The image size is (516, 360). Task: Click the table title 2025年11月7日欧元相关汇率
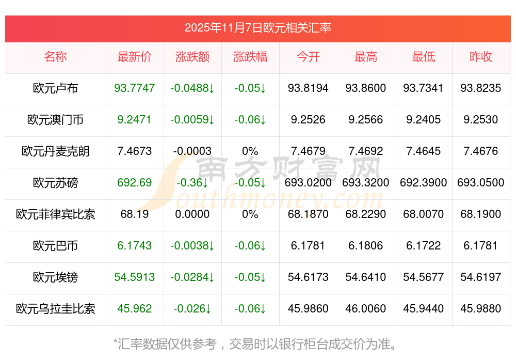coord(257,27)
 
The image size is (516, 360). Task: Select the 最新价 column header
coord(135,57)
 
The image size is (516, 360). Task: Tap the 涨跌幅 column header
coord(250,57)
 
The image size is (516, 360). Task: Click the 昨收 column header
coord(480,57)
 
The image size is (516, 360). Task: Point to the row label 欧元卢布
coord(56,88)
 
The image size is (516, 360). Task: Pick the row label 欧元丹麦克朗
coord(56,151)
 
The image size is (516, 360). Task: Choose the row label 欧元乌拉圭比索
coord(56,309)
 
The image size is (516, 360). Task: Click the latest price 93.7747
coord(135,88)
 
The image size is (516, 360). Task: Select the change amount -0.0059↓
coord(192,120)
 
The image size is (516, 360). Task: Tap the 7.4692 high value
coord(366,151)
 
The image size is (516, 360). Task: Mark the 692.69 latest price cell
coord(135,183)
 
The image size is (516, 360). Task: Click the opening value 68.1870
coord(308,214)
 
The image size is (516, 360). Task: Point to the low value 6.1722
coord(423,246)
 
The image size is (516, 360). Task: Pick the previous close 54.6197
coord(480,277)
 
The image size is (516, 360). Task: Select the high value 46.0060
coord(366,309)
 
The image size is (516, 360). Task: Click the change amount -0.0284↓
coord(192,277)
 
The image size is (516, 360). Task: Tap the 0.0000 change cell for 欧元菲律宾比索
coord(192,214)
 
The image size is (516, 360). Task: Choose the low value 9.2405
coord(423,120)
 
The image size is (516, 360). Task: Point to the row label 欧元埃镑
coord(56,277)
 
